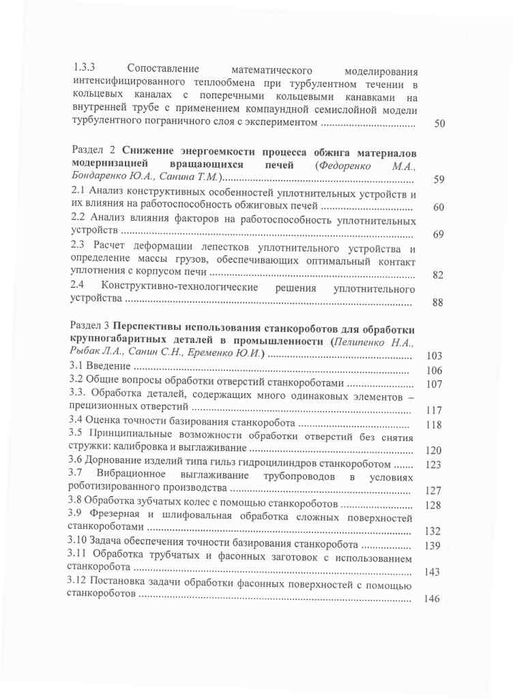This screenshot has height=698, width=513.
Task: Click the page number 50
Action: click(x=439, y=124)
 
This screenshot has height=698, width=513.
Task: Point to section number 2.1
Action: click(x=78, y=193)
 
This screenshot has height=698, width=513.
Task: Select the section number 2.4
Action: click(x=78, y=287)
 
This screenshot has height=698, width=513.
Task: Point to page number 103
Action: click(x=434, y=355)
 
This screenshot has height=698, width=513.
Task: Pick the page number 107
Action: click(x=434, y=384)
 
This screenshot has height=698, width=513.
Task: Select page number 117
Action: click(x=434, y=411)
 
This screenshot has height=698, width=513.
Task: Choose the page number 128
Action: click(x=433, y=505)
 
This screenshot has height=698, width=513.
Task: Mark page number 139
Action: click(x=433, y=545)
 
